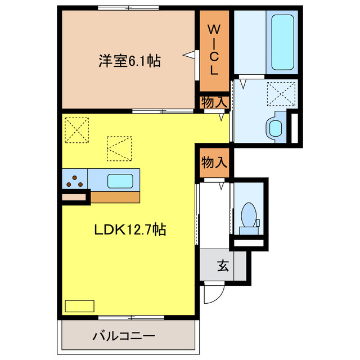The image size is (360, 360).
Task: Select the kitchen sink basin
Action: coord(120,181)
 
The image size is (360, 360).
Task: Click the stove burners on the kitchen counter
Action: coord(75,181)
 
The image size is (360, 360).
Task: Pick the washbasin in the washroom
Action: coord(275,127)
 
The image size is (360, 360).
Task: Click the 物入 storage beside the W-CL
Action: coord(214,102)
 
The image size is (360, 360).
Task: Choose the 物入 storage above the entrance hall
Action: coord(214,163)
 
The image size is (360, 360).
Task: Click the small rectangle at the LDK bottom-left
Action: coord(80,306)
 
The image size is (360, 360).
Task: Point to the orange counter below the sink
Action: coord(115,197)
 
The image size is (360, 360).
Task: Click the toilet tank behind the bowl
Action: coord(248,230)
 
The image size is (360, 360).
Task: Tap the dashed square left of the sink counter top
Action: coord(119,148)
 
